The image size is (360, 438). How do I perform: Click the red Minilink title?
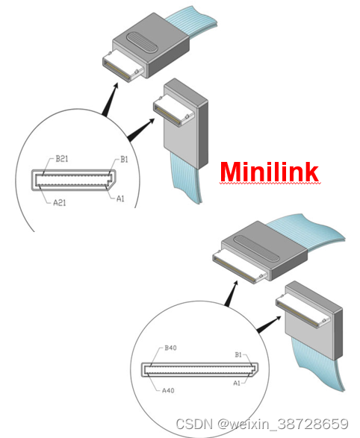pos(269,172)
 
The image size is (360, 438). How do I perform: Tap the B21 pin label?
pos(62,159)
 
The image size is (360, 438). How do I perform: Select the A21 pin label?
pos(60,202)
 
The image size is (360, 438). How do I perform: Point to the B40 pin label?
pos(170,348)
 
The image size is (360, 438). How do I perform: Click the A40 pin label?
pos(168,390)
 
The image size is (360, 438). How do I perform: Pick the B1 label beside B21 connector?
pos(124,160)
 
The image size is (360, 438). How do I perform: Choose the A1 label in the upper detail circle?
pos(120,198)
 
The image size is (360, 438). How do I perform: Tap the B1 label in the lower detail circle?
pos(238,354)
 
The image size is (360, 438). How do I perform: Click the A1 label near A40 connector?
pos(237,384)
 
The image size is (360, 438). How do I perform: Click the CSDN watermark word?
pos(194,424)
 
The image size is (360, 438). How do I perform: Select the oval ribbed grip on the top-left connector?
pos(143,43)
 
